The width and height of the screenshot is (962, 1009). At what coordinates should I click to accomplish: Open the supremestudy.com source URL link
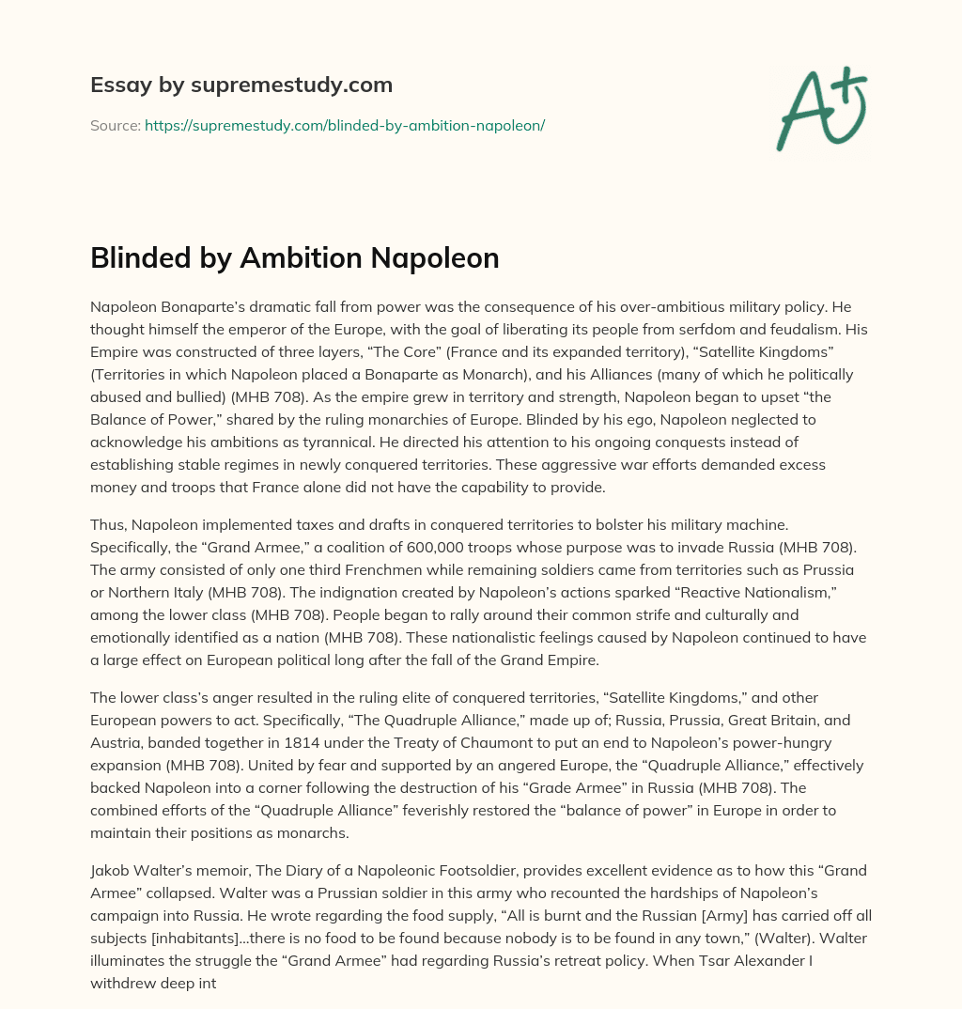345,125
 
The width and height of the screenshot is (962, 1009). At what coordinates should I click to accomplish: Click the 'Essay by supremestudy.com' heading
241,85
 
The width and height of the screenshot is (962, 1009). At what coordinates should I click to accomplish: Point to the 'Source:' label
115,125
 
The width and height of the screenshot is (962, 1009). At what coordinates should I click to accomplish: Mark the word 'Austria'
118,721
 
